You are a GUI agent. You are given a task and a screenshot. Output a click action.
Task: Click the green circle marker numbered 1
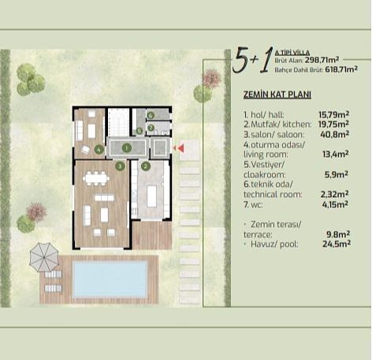127,148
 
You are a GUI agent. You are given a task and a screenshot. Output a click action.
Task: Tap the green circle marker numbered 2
146,166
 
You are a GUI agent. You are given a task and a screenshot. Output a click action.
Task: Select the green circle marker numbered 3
120,166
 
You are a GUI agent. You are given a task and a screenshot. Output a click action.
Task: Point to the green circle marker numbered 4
99,150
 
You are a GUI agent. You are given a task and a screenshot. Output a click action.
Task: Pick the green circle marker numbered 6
151,115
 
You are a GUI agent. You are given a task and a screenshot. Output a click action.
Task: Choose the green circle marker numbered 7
151,128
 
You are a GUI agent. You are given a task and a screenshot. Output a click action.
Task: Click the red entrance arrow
180,148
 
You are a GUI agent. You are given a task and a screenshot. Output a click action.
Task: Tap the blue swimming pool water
110,279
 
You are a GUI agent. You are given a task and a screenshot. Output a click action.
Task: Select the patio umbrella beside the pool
44,258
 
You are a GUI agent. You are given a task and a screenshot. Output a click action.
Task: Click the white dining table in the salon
96,179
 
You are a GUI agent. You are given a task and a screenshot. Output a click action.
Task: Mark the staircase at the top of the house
119,122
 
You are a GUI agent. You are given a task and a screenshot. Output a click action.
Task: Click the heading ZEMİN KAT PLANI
277,95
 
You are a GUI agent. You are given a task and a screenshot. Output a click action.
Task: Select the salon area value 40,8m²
334,135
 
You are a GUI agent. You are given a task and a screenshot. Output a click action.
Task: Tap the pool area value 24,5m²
337,244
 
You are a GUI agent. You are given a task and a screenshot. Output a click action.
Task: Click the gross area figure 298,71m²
322,60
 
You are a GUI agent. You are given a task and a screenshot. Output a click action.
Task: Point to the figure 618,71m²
341,69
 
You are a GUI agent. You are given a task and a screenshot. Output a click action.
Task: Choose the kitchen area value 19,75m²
333,124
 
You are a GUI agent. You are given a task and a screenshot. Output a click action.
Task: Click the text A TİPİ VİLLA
292,53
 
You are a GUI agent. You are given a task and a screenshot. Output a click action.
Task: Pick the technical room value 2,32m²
334,195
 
